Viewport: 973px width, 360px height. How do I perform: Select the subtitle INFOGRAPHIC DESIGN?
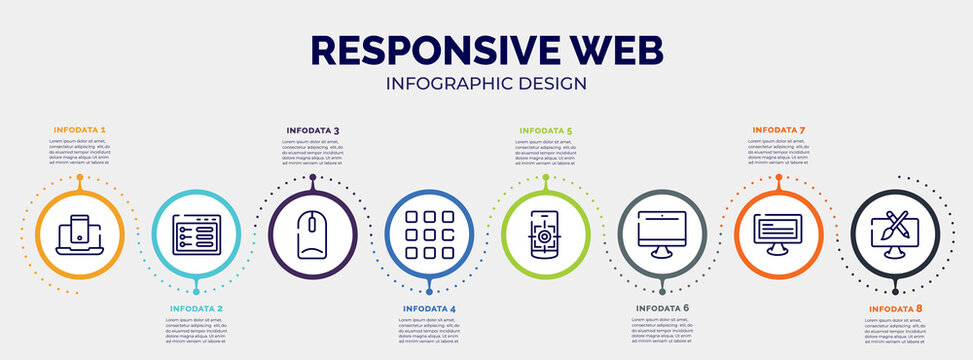tap(486, 83)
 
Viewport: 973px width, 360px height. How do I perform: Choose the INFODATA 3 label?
tap(312, 130)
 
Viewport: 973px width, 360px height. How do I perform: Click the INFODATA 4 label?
tap(429, 309)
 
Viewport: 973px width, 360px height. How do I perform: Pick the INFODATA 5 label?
tap(546, 130)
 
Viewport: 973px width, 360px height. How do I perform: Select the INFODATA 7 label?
tap(779, 130)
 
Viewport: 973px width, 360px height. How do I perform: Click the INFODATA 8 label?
tap(895, 309)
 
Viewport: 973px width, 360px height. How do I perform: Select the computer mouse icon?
tap(312, 234)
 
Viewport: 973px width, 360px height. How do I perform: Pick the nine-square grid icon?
tap(429, 234)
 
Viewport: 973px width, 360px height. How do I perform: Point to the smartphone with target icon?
tap(546, 234)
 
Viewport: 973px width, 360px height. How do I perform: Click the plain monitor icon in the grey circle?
tap(662, 234)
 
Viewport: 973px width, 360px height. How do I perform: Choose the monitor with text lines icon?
tap(779, 234)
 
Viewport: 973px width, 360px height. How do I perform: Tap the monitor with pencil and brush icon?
tap(895, 234)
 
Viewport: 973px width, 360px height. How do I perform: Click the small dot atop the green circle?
tap(546, 177)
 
